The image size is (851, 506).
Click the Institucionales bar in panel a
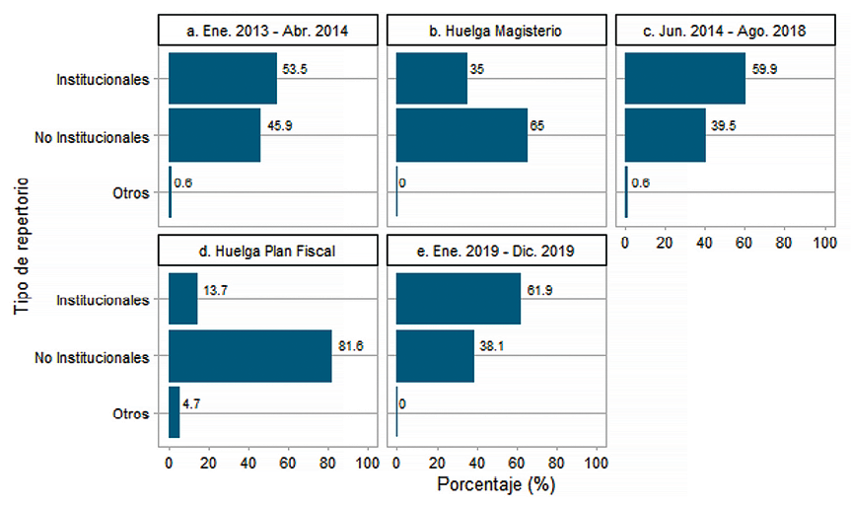tap(223, 79)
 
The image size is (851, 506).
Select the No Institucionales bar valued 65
tap(461, 135)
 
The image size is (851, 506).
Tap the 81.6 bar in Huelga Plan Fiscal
tap(250, 355)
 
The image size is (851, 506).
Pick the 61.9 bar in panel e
tap(459, 299)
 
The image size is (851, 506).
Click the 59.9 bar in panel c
tap(685, 79)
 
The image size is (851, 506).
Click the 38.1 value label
tap(490, 346)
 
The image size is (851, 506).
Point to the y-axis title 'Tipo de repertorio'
tap(23, 246)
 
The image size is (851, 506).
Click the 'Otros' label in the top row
tap(130, 193)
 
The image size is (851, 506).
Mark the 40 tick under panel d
tap(249, 462)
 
